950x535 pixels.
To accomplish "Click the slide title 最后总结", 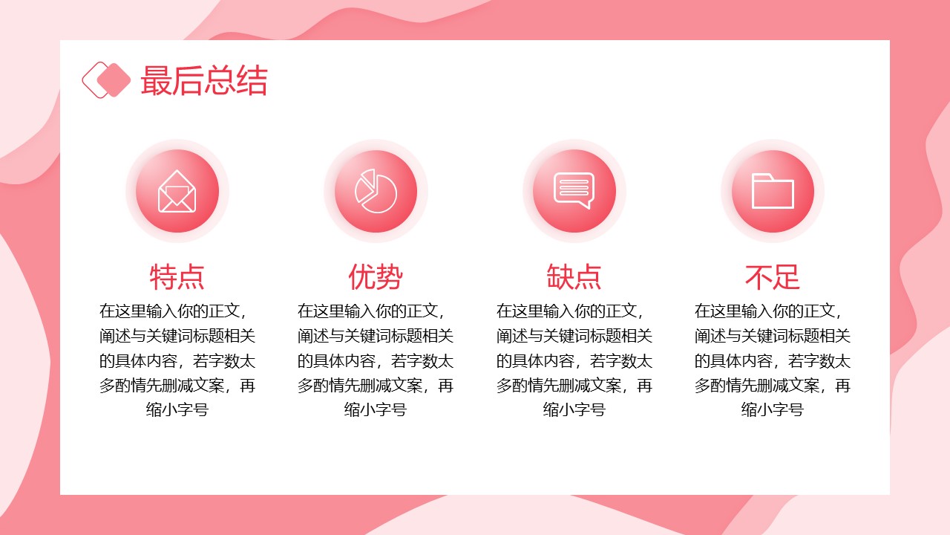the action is pyautogui.click(x=204, y=80).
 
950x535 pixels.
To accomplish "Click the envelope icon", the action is pyautogui.click(x=177, y=191).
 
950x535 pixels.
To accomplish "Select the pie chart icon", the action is pyautogui.click(x=376, y=191).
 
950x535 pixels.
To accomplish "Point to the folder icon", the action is pyautogui.click(x=773, y=191).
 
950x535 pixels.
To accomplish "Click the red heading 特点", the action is pyautogui.click(x=177, y=277).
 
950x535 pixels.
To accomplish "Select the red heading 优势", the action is pyautogui.click(x=376, y=277).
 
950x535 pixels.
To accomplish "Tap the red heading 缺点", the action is pyautogui.click(x=574, y=277).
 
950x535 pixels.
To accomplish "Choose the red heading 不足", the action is pyautogui.click(x=773, y=277).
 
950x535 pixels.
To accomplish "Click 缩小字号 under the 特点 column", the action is pyautogui.click(x=177, y=409).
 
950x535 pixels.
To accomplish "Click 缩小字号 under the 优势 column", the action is pyautogui.click(x=376, y=409).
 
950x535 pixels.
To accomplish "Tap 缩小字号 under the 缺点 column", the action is pyautogui.click(x=574, y=409).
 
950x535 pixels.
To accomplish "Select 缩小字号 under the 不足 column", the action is pyautogui.click(x=773, y=409).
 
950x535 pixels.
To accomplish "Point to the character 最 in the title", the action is pyautogui.click(x=156, y=80).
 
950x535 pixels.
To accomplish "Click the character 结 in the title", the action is pyautogui.click(x=252, y=80).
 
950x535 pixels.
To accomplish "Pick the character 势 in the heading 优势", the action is pyautogui.click(x=390, y=277).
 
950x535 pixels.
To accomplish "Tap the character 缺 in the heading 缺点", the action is pyautogui.click(x=560, y=277).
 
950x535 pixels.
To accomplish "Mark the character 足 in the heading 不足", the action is pyautogui.click(x=786, y=277).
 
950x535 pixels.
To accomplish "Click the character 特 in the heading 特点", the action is pyautogui.click(x=163, y=277).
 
